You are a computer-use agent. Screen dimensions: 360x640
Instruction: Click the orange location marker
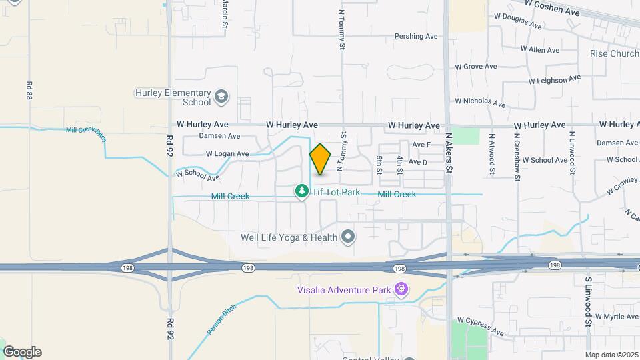(x=321, y=159)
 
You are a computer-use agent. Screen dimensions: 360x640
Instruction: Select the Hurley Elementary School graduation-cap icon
(x=221, y=98)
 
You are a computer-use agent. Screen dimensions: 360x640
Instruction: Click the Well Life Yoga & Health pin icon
(x=347, y=237)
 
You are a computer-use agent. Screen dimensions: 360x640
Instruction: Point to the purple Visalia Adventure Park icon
(x=401, y=289)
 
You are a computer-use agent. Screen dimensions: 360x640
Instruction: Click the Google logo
(x=22, y=352)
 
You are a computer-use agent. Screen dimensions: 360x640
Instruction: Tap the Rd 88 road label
(x=29, y=91)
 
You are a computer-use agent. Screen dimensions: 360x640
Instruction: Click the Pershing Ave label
(x=416, y=36)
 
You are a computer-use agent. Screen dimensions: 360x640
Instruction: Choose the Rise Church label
(x=614, y=53)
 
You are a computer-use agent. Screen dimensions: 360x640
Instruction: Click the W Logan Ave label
(x=227, y=154)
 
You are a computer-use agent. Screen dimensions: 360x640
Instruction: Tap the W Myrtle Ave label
(x=617, y=316)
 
